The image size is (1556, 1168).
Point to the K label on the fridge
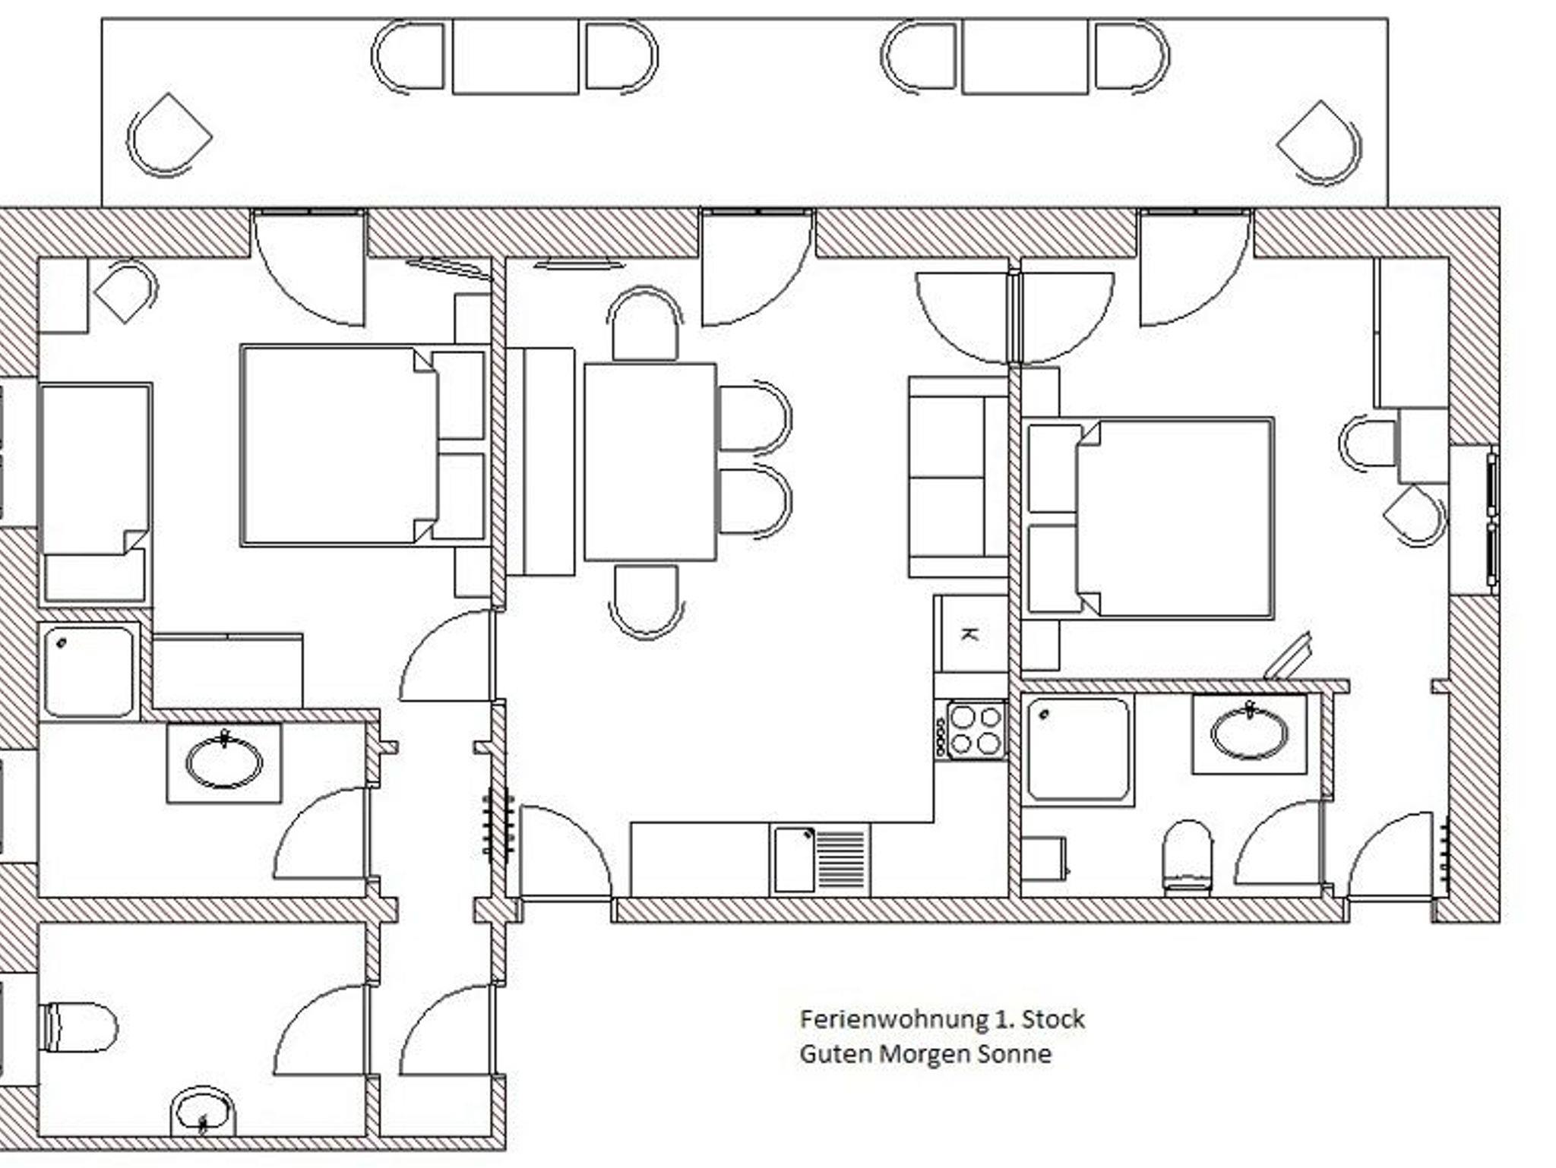969,634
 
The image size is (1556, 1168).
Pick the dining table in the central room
650,462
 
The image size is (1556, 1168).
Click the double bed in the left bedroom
363,446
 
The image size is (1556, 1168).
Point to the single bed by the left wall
96,494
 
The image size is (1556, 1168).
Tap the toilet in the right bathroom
1188,856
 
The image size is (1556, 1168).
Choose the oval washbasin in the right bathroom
1249,734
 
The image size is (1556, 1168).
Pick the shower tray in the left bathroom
89,672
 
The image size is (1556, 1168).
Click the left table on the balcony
515,57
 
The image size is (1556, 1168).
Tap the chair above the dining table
646,324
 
